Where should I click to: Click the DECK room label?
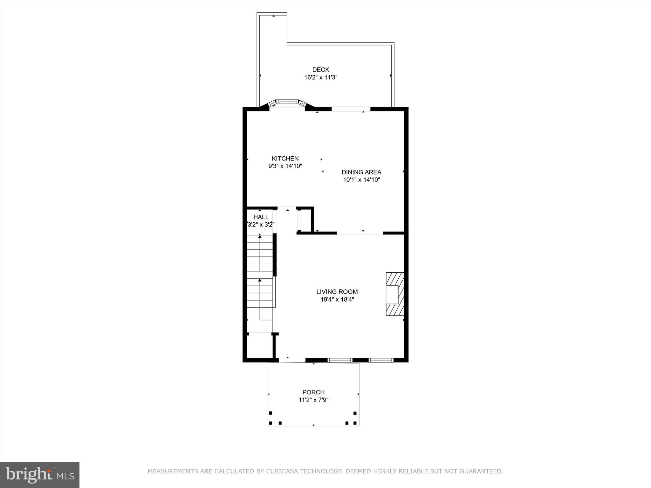pyautogui.click(x=320, y=70)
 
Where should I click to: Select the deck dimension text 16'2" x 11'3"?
pyautogui.click(x=320, y=77)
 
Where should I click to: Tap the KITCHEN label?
pyautogui.click(x=285, y=158)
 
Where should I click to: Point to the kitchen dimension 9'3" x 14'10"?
pyautogui.click(x=285, y=166)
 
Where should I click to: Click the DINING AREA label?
pyautogui.click(x=361, y=172)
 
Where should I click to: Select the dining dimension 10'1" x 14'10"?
pyautogui.click(x=361, y=180)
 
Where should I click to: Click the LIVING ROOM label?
pyautogui.click(x=337, y=291)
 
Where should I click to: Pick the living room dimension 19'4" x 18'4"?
pyautogui.click(x=337, y=299)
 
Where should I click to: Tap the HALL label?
pyautogui.click(x=261, y=217)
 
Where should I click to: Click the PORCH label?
pyautogui.click(x=313, y=392)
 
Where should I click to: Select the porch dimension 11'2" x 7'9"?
pyautogui.click(x=313, y=400)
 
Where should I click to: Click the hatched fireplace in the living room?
pyautogui.click(x=395, y=294)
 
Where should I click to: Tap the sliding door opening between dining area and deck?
pyautogui.click(x=351, y=109)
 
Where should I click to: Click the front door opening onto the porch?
pyautogui.click(x=292, y=360)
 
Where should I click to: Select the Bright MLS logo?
pyautogui.click(x=40, y=475)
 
